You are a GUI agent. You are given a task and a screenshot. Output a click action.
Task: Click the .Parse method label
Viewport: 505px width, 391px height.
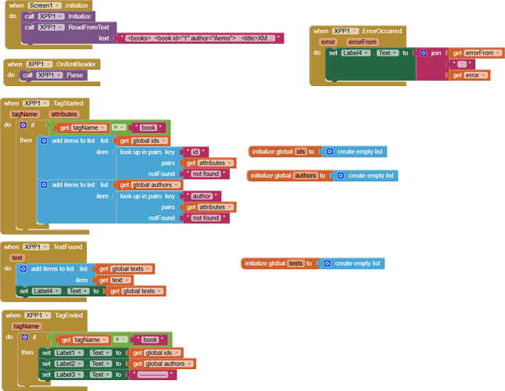(x=77, y=75)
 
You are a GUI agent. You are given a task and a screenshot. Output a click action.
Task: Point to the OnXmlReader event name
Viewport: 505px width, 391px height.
(x=77, y=64)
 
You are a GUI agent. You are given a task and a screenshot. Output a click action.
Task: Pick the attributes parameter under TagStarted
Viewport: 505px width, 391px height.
(x=63, y=114)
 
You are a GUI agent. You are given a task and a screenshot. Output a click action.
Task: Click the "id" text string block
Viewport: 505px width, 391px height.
(x=195, y=152)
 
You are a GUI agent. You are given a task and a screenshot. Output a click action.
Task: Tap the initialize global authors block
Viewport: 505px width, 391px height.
(x=284, y=176)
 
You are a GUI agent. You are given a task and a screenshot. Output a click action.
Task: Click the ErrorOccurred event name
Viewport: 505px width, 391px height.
(x=384, y=31)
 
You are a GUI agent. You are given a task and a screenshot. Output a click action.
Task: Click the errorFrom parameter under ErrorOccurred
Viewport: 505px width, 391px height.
(x=362, y=42)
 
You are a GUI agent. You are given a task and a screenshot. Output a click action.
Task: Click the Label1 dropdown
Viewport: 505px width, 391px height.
(x=68, y=353)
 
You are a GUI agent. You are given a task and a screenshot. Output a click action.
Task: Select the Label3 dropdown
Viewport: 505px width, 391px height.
(x=68, y=375)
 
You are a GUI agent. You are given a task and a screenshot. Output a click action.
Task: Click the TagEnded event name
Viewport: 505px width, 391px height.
(x=70, y=315)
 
